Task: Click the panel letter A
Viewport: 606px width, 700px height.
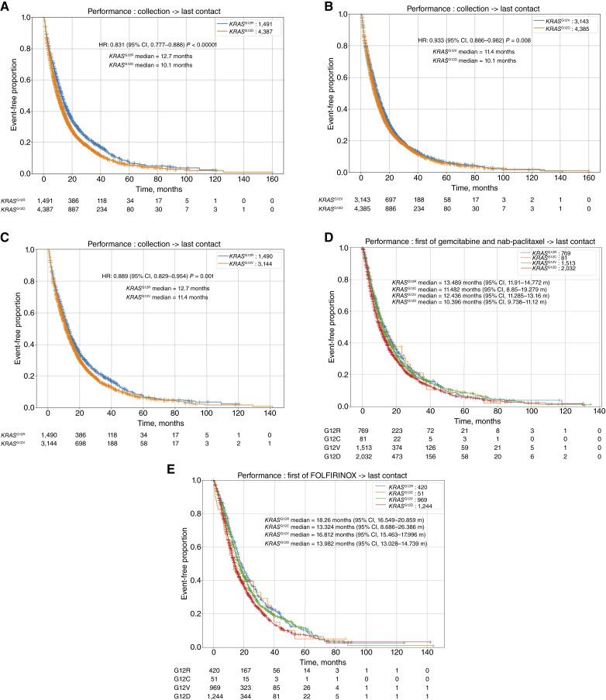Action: tap(6, 6)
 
